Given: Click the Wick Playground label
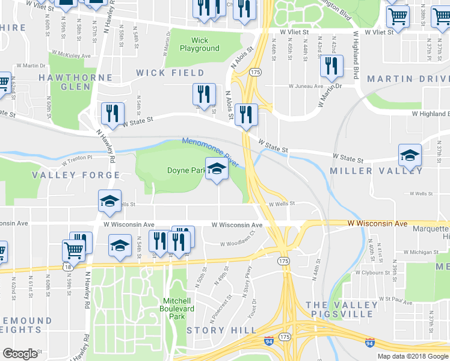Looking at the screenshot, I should pos(199,45).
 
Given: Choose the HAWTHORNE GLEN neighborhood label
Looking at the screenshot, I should pos(75,82).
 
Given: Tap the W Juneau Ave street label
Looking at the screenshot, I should pos(306,87).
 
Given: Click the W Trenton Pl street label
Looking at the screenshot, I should pos(77,158).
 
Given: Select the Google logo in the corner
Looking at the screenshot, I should pos(20,354).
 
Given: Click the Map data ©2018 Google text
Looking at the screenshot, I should pos(412,356).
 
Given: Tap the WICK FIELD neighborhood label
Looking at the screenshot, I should pos(170,73).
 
